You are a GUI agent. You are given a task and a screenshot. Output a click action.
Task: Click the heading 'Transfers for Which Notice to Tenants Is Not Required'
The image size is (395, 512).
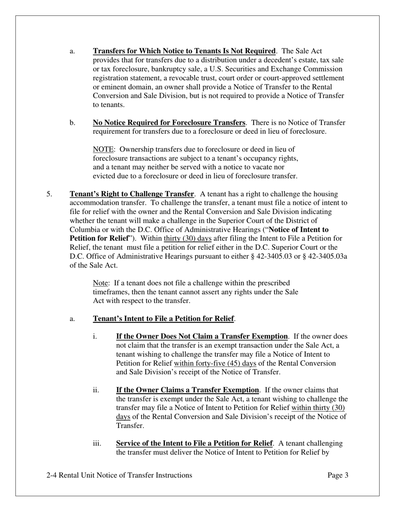point(184,51)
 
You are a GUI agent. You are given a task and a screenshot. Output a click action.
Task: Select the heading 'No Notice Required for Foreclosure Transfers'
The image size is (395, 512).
point(169,123)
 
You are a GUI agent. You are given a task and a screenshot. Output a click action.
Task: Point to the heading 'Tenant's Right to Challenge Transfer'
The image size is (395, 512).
point(131,194)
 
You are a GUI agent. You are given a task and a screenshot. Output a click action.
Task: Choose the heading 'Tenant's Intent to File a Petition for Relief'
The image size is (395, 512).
point(163,319)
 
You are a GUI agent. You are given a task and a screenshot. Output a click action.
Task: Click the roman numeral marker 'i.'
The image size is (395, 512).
point(95,337)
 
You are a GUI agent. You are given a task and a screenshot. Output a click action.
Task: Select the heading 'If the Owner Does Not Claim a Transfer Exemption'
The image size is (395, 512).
point(202,337)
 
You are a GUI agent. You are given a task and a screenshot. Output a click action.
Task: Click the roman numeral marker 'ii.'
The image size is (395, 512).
point(96,390)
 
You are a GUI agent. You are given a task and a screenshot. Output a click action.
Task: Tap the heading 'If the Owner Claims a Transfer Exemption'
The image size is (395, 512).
point(187,390)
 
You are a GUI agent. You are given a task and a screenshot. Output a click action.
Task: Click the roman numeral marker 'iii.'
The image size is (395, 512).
point(97,444)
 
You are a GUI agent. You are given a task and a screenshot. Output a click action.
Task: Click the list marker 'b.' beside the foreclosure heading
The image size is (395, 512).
point(72,123)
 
